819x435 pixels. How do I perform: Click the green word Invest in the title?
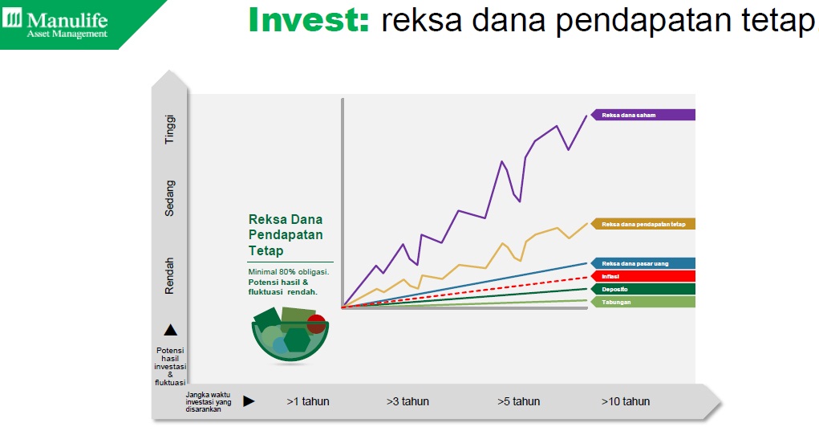coord(309,20)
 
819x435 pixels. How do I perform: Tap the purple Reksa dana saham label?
coord(643,115)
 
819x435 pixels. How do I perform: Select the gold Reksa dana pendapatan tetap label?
coord(643,224)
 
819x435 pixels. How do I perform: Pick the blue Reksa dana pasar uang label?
coord(643,263)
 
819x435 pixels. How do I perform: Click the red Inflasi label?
coord(643,277)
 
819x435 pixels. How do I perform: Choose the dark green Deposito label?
coord(643,289)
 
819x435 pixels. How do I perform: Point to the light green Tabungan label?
coord(643,303)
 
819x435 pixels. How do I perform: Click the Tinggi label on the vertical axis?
coord(170,129)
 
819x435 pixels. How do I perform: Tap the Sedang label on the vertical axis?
coord(170,198)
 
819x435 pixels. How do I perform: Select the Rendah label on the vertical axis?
coord(170,275)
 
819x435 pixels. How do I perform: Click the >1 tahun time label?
coord(308,401)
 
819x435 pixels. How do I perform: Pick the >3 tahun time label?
coord(408,401)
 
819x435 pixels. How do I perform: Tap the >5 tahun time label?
coord(519,401)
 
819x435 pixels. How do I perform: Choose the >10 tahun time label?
coord(626,401)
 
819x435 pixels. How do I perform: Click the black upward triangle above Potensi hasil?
coord(171,330)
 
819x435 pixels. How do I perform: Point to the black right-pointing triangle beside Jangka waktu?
coord(249,401)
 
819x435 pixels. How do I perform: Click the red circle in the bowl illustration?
coord(316,323)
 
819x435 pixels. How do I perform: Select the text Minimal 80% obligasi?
coord(289,272)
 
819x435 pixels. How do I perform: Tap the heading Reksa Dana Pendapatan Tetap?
coord(286,235)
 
